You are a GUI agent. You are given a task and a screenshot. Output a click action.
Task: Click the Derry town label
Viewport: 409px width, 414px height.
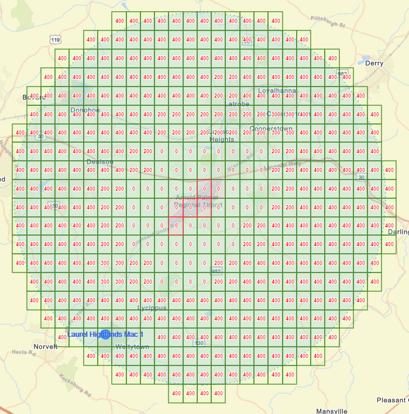[x=374, y=63]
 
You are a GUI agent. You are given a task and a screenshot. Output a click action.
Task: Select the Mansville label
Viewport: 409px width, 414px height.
[x=332, y=411]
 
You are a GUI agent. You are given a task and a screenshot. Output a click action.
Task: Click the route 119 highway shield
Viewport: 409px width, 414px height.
[x=56, y=40]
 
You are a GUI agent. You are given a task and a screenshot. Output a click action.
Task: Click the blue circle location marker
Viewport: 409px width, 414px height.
[x=105, y=334]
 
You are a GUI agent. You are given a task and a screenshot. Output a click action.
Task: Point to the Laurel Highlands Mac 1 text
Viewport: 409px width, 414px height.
[x=105, y=334]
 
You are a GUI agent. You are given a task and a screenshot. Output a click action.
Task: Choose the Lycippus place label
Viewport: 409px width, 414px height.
[x=152, y=308]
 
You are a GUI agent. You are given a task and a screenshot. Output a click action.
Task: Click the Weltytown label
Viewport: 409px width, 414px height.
[x=132, y=347]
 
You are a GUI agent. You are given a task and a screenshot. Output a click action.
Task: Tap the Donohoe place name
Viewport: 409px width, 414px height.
[x=85, y=110]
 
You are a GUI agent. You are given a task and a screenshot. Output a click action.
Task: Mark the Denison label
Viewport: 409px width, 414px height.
[x=98, y=161]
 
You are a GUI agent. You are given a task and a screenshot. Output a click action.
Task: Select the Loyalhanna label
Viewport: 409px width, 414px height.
[x=277, y=91]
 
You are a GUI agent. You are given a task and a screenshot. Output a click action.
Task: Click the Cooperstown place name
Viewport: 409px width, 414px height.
[x=270, y=129]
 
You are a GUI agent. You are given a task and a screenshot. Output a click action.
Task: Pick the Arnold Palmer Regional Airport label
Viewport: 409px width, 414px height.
[x=199, y=201]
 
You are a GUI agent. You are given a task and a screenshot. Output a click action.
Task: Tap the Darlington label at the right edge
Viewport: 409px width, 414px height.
[x=398, y=232]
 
